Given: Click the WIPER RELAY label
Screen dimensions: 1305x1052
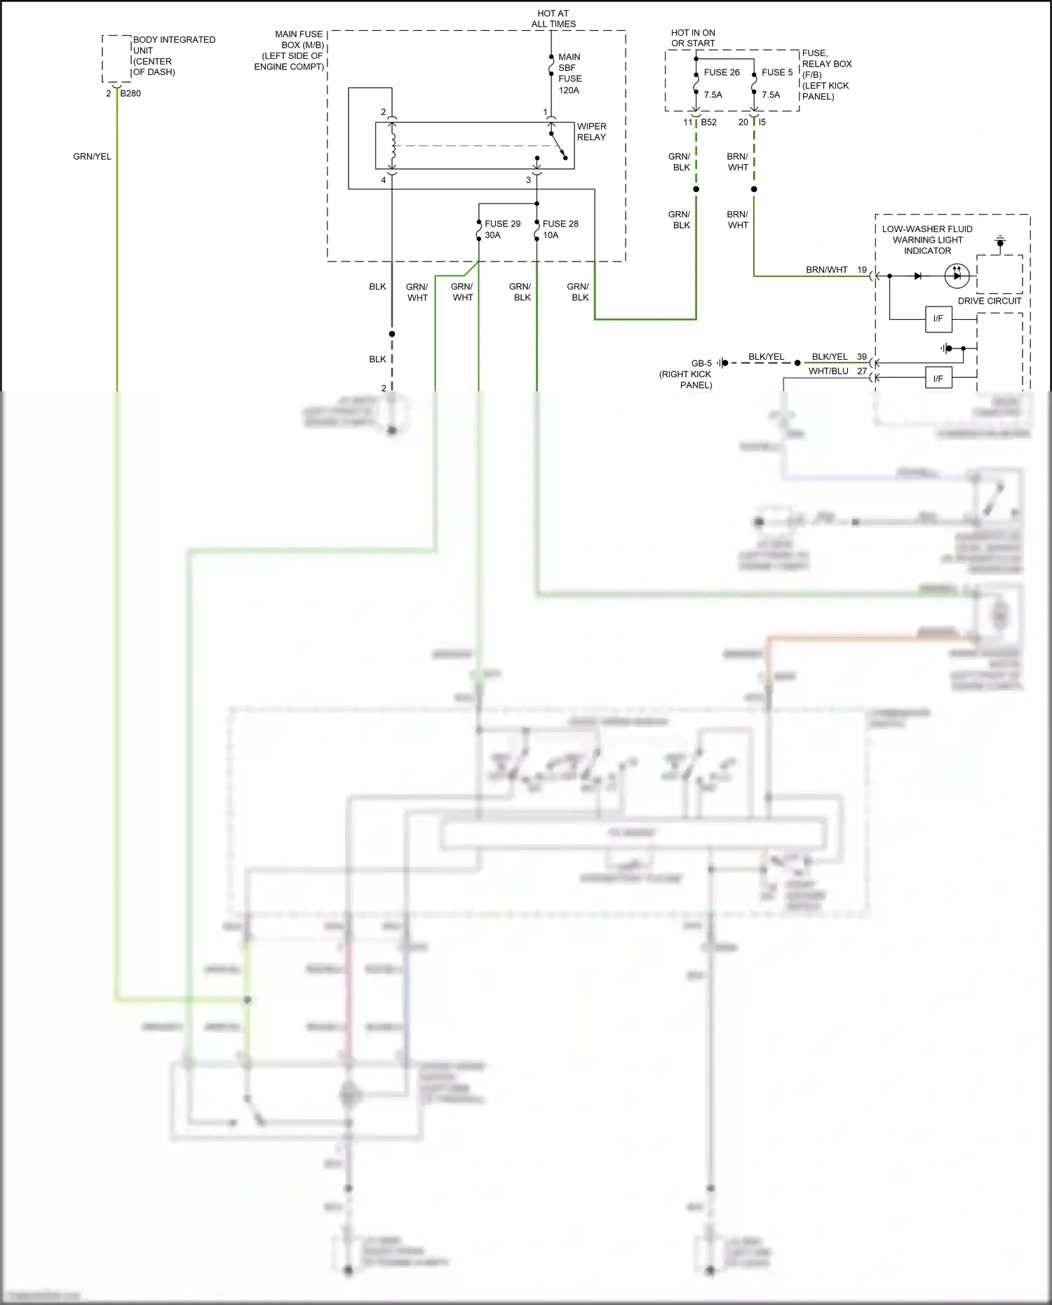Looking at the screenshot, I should click(591, 132).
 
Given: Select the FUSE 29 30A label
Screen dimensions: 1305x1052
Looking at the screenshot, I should click(502, 229).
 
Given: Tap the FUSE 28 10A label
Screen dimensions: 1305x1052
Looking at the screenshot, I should click(560, 229).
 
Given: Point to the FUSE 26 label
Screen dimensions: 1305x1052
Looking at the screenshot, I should click(722, 72).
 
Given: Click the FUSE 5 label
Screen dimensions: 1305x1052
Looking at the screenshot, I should click(777, 72).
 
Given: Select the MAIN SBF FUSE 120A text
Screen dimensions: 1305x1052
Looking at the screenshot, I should click(569, 74).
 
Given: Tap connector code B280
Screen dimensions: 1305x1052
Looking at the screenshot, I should click(130, 93).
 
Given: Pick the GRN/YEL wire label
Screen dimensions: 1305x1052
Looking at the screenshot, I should click(92, 156).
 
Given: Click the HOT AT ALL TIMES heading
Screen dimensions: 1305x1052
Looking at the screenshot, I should click(553, 19).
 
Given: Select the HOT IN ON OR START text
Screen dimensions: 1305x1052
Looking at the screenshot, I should click(693, 38).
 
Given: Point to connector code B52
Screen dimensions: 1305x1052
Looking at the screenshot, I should click(708, 122).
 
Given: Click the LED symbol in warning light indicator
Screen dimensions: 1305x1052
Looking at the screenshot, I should click(957, 276).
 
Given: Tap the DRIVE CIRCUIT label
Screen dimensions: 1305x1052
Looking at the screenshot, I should click(989, 301).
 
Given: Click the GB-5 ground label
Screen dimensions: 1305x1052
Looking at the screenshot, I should click(701, 363).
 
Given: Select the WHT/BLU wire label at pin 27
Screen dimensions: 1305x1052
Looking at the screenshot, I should click(828, 371).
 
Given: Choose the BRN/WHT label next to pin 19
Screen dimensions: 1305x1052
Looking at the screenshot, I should click(826, 270).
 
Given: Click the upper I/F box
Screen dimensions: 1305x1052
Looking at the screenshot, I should click(938, 319).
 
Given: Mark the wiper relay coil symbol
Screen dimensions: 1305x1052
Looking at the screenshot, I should click(393, 146).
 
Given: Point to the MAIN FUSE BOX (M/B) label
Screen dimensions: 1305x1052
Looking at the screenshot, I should click(292, 50).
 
